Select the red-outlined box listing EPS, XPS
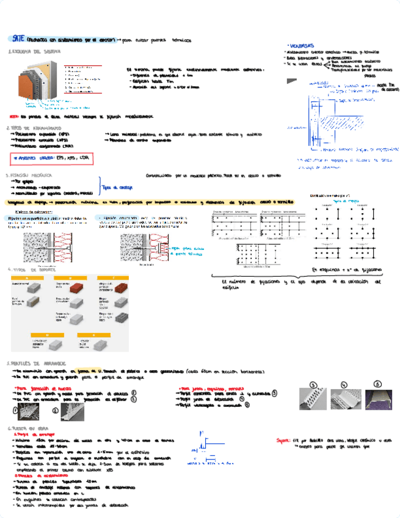53,158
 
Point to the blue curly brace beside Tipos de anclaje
100,186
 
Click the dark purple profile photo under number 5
378,403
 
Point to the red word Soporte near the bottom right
283,438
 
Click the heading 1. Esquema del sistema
34,52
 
